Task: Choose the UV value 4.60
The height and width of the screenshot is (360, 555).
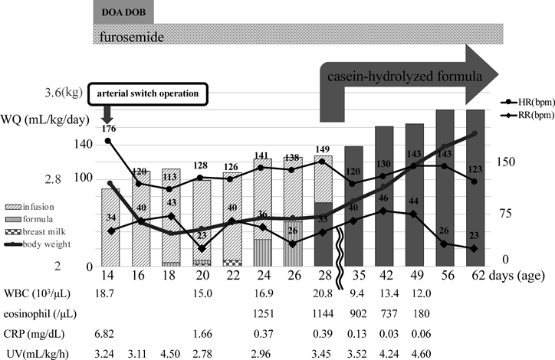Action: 415,351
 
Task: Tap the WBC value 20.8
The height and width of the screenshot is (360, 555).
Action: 323,293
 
